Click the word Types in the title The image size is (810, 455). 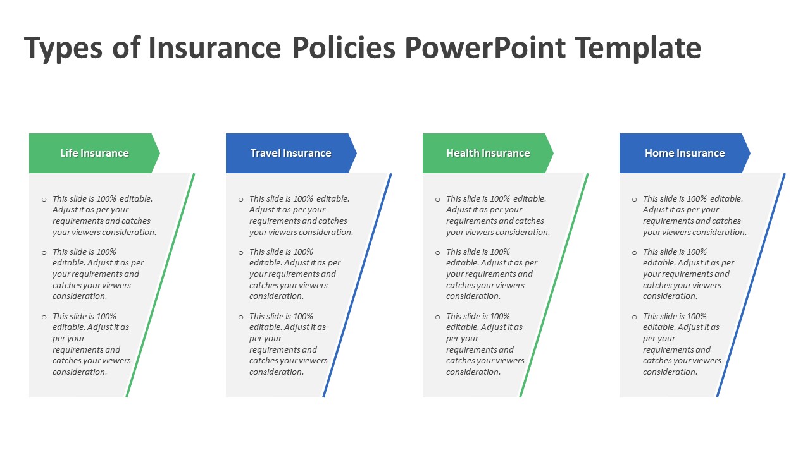(63, 49)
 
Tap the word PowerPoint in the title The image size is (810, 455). (485, 47)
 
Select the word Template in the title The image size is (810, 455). (639, 49)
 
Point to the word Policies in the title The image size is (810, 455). (344, 47)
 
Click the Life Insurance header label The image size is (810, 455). (94, 153)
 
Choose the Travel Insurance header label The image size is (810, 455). (290, 153)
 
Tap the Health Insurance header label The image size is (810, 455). (488, 153)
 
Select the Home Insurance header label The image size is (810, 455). (685, 153)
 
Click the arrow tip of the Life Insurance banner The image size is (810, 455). (159, 153)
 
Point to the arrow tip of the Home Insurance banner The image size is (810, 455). (750, 153)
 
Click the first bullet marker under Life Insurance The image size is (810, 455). (44, 199)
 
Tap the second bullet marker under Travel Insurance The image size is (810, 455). (241, 252)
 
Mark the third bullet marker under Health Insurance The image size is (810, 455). (437, 317)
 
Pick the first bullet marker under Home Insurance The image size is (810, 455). (634, 199)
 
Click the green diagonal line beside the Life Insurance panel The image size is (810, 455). (160, 285)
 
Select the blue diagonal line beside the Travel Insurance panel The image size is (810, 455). (357, 285)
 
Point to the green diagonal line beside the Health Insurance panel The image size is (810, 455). (554, 285)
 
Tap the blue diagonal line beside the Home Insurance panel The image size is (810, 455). (751, 285)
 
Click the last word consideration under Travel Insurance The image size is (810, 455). (277, 372)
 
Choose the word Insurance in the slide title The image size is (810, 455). (215, 47)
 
